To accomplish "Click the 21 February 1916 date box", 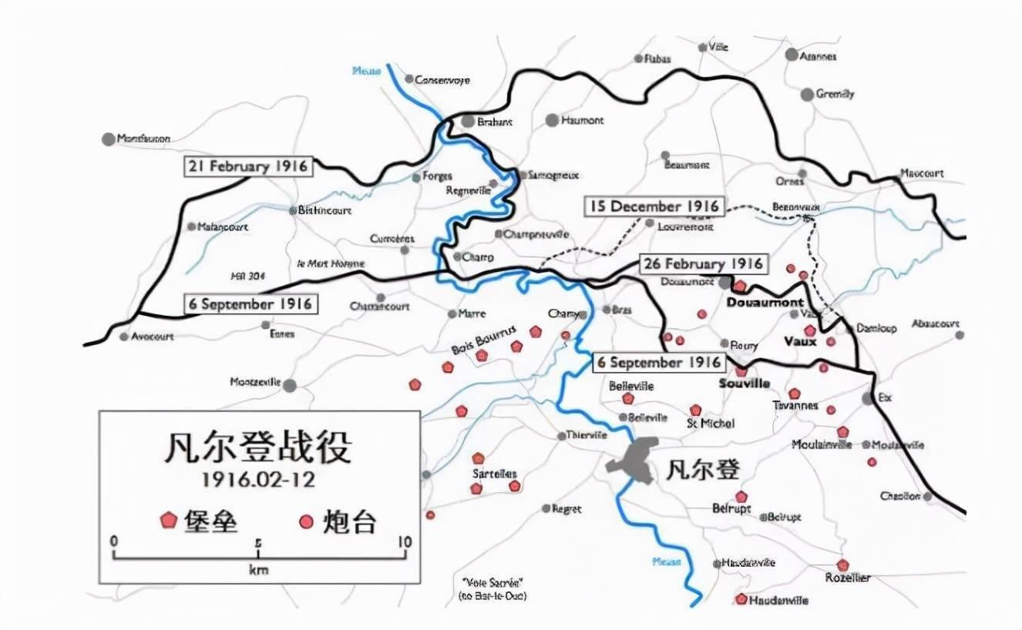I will point(248,166).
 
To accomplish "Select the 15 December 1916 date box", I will point(654,206).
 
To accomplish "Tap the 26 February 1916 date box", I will point(702,264).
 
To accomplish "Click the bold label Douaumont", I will point(765,303).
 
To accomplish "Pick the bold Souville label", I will point(744,384).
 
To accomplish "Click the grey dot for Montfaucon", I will point(108,139).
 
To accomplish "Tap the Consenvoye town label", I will point(442,80).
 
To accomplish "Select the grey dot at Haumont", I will point(552,120).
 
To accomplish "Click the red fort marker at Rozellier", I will point(843,565).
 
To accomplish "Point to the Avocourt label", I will point(153,337).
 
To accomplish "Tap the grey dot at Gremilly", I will point(807,95).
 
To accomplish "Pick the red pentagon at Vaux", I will point(809,330).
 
